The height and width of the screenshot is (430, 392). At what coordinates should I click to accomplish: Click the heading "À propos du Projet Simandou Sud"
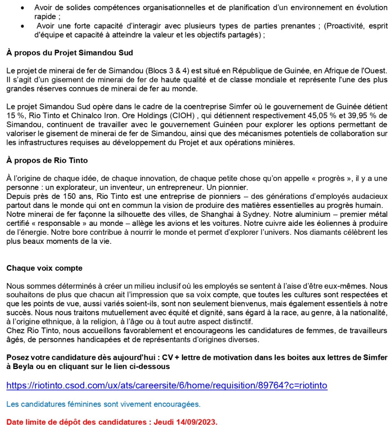pyautogui.click(x=69, y=53)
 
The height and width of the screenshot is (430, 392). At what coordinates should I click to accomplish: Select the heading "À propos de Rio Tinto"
pyautogui.click(x=47, y=160)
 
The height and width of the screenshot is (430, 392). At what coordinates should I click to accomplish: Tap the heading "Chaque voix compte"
pyautogui.click(x=44, y=268)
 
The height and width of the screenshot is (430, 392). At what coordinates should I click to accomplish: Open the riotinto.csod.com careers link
pyautogui.click(x=167, y=385)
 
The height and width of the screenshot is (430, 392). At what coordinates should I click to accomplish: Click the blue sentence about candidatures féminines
pyautogui.click(x=103, y=405)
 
